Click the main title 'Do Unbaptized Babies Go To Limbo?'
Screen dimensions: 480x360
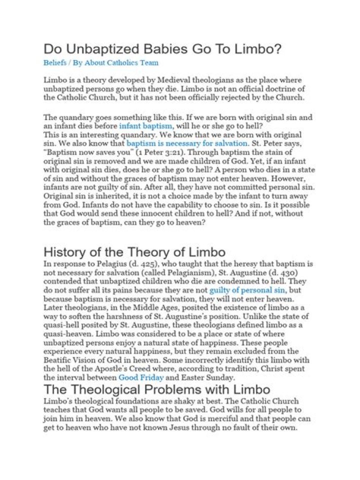tap(163, 49)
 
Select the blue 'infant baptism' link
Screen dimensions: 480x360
tap(145, 126)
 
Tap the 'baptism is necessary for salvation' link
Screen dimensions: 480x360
tap(187, 143)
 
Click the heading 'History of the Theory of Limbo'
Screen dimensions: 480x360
tap(134, 251)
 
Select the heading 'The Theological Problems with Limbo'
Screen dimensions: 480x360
tap(157, 389)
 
